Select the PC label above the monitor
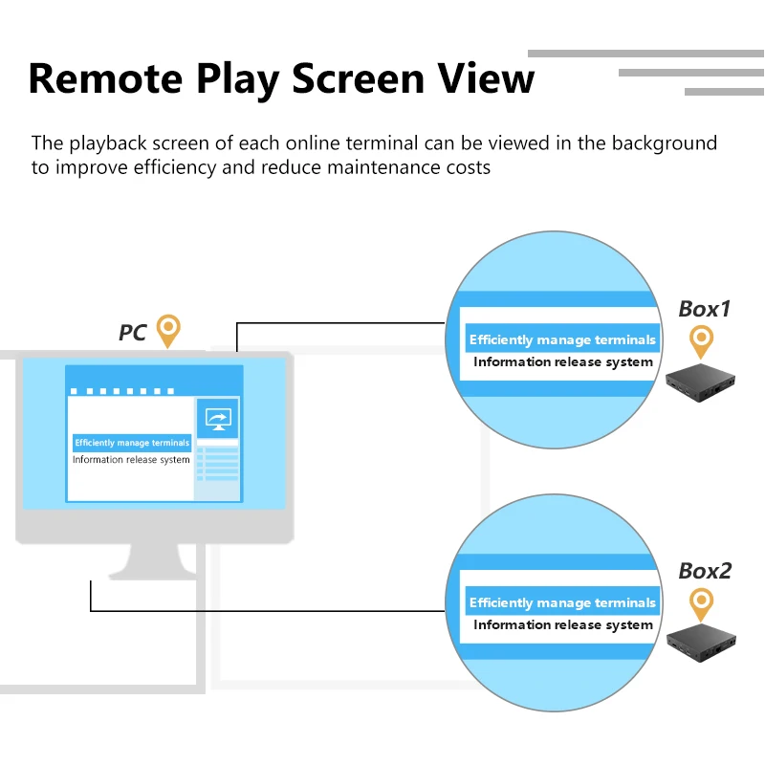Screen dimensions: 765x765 pos(132,333)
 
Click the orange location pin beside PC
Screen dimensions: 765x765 pos(168,330)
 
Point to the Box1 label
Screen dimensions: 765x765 pos(705,309)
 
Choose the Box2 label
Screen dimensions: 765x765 pos(705,571)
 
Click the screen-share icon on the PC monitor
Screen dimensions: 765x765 pos(219,418)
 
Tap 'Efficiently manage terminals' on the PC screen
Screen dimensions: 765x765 pos(132,443)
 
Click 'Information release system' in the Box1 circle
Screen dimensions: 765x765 pos(563,362)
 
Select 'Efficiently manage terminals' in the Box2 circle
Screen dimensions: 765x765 pos(562,602)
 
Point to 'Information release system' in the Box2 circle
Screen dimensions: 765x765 pos(563,625)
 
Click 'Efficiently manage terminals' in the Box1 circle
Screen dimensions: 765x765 pos(562,339)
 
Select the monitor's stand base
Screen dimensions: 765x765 pos(153,568)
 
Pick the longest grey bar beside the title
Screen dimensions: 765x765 pos(645,54)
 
